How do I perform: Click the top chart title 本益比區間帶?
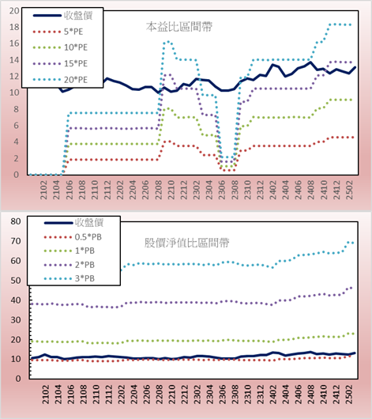(179, 27)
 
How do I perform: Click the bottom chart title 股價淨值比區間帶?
(186, 243)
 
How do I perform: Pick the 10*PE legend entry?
(60, 47)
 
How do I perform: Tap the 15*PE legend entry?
(60, 63)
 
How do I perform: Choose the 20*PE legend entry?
(60, 80)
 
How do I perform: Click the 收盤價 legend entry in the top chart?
(62, 16)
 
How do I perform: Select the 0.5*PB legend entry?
(73, 237)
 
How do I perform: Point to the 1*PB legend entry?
(70, 251)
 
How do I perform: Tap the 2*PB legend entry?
(70, 265)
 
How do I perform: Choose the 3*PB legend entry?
(70, 278)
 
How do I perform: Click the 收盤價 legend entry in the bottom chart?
(73, 222)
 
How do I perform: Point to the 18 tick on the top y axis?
(14, 27)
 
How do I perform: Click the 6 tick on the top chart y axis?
(17, 126)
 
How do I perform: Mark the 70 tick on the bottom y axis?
(16, 241)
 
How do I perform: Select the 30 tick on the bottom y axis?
(16, 320)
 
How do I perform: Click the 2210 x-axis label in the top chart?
(171, 190)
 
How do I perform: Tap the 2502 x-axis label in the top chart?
(350, 190)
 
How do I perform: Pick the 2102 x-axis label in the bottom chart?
(45, 394)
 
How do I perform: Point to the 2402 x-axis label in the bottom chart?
(273, 394)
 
